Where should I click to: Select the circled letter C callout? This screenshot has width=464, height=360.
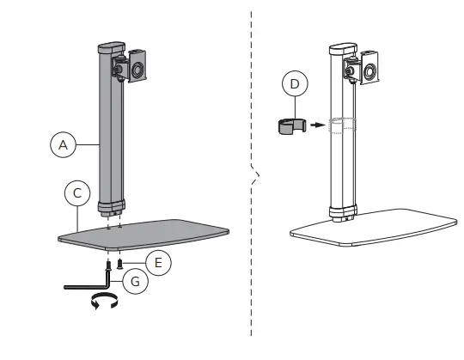[x=77, y=194]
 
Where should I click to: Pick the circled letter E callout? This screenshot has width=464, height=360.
[x=157, y=259]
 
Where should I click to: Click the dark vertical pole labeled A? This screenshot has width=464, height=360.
[x=110, y=137]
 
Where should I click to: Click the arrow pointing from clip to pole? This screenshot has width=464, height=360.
[x=318, y=125]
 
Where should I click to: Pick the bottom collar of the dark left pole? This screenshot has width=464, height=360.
[x=112, y=207]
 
